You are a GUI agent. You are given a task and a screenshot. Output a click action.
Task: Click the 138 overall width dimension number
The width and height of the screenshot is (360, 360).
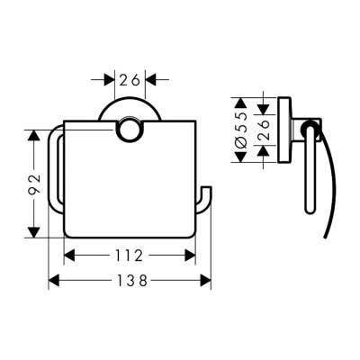click(x=130, y=281)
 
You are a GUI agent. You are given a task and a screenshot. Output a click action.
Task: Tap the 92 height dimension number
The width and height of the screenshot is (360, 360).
click(x=34, y=184)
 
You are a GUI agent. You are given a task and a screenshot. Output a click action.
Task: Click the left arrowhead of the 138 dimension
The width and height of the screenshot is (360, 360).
click(x=52, y=281)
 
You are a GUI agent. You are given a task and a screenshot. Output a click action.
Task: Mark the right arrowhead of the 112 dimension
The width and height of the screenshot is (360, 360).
click(x=191, y=256)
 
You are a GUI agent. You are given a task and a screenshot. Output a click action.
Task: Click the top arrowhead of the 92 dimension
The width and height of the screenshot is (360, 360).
click(x=34, y=136)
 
